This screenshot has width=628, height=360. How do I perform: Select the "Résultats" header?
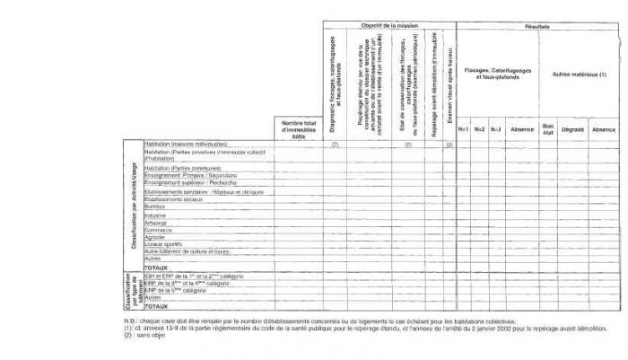[x=537, y=26]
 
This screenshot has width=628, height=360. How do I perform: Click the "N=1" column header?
[x=464, y=130]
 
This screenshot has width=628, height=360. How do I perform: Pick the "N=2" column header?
[x=480, y=130]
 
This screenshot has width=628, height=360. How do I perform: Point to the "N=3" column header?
[x=495, y=130]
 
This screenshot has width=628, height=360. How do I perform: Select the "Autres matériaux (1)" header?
[x=579, y=74]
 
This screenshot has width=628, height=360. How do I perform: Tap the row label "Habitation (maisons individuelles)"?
[x=186, y=144]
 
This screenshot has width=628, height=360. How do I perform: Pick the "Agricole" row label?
[x=155, y=237]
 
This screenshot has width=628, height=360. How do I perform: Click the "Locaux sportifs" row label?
[x=162, y=244]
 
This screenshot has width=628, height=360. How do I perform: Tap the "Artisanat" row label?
[x=156, y=223]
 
